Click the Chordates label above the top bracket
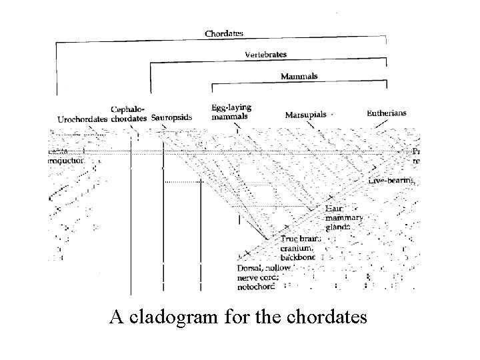[x=223, y=33]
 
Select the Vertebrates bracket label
[x=265, y=53]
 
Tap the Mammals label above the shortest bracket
[x=299, y=76]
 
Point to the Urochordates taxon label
[x=82, y=119]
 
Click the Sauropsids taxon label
[x=171, y=118]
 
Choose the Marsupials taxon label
[x=305, y=115]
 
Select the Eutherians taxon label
[x=386, y=113]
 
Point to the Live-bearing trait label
[x=392, y=181]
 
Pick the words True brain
[x=299, y=239]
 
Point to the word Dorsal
[x=251, y=269]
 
